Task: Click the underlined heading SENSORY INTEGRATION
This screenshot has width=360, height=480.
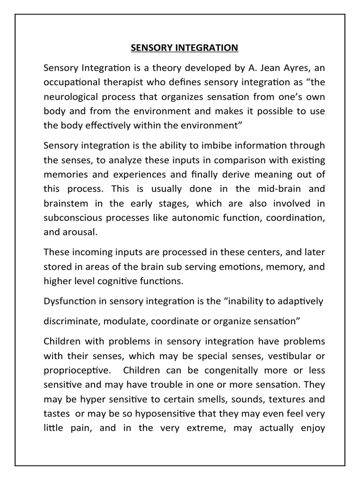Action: coord(184,48)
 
